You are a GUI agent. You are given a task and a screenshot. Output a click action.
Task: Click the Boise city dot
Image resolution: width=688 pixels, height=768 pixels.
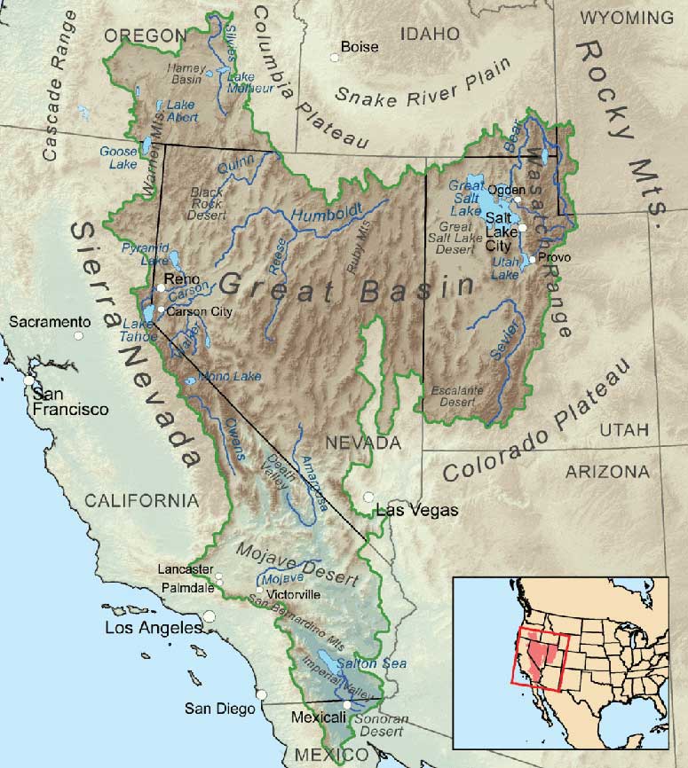[x=334, y=57]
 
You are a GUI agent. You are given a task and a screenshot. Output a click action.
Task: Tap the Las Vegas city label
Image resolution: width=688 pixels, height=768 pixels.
[x=417, y=510]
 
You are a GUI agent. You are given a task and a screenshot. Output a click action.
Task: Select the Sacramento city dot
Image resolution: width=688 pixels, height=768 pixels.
[x=79, y=335]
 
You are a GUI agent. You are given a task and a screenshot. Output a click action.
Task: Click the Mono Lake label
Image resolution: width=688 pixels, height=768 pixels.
[x=230, y=376]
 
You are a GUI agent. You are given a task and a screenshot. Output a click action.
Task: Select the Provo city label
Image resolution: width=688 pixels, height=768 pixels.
[x=553, y=257]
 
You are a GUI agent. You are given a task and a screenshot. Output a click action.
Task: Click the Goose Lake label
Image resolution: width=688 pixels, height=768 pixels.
[x=120, y=157]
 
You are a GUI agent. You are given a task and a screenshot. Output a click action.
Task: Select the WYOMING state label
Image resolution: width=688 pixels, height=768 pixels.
[x=627, y=18]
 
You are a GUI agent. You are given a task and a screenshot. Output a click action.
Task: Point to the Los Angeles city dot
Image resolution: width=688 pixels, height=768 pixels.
[x=210, y=615]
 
